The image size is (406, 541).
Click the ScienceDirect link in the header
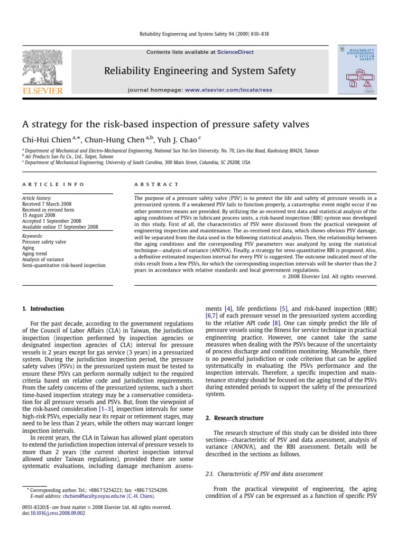click(234, 52)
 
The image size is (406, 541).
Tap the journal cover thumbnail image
click(357, 69)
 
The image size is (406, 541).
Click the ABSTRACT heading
click(157, 184)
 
